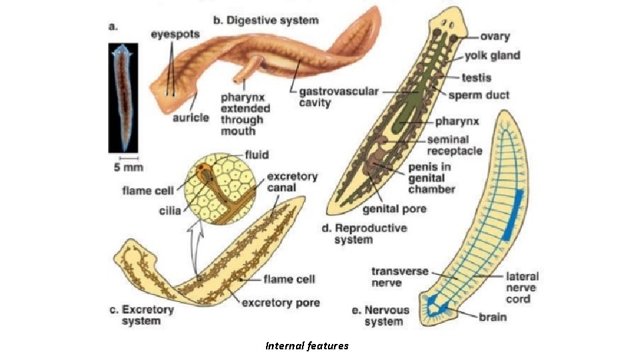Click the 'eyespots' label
coord(175,35)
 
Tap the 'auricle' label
coord(190,118)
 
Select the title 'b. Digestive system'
coord(266,21)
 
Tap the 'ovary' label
coord(495,37)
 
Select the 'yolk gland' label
coord(493,55)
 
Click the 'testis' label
coord(477,78)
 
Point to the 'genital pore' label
coord(395,209)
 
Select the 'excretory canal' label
coord(292,182)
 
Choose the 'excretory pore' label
coord(281,303)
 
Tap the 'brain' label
coord(493,317)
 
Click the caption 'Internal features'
coord(307,346)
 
